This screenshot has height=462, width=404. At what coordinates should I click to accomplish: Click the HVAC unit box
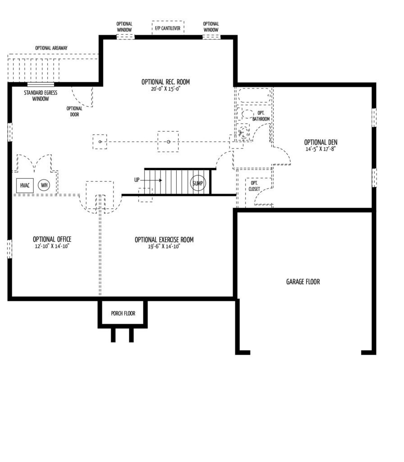pos(25,185)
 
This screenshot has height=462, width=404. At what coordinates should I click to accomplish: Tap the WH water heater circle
pos(44,185)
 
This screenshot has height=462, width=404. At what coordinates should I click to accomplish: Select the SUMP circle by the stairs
pos(198,183)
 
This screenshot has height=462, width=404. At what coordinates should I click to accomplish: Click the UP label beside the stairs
pos(137,180)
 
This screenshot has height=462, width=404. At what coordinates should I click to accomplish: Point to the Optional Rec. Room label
pos(165,82)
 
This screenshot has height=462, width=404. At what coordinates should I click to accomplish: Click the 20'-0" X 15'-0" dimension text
pos(165,89)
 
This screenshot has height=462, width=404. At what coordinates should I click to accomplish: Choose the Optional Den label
pos(321,142)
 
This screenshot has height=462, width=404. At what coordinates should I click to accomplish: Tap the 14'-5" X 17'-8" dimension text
pos(321,149)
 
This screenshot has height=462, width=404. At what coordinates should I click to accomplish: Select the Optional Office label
pos(52,239)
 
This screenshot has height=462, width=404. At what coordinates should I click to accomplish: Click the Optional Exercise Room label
pos(164,240)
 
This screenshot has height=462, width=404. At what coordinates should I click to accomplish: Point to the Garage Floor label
pos(303,282)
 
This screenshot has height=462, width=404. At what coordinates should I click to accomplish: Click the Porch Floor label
pos(123,314)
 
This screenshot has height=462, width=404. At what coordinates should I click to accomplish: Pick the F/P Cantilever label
pos(168,28)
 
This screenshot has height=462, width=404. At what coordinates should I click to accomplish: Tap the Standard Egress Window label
pos(41,96)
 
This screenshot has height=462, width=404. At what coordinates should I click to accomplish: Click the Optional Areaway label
pos(51,48)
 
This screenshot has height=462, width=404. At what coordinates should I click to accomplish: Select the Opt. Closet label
pos(254,186)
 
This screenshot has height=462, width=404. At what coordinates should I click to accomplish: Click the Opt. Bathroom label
pos(261,116)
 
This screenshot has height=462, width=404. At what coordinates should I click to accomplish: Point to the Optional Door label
pos(74,111)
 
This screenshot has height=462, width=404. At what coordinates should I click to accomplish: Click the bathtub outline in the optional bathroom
pos(254,96)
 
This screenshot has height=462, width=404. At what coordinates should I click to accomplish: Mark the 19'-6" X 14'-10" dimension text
pos(164,247)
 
